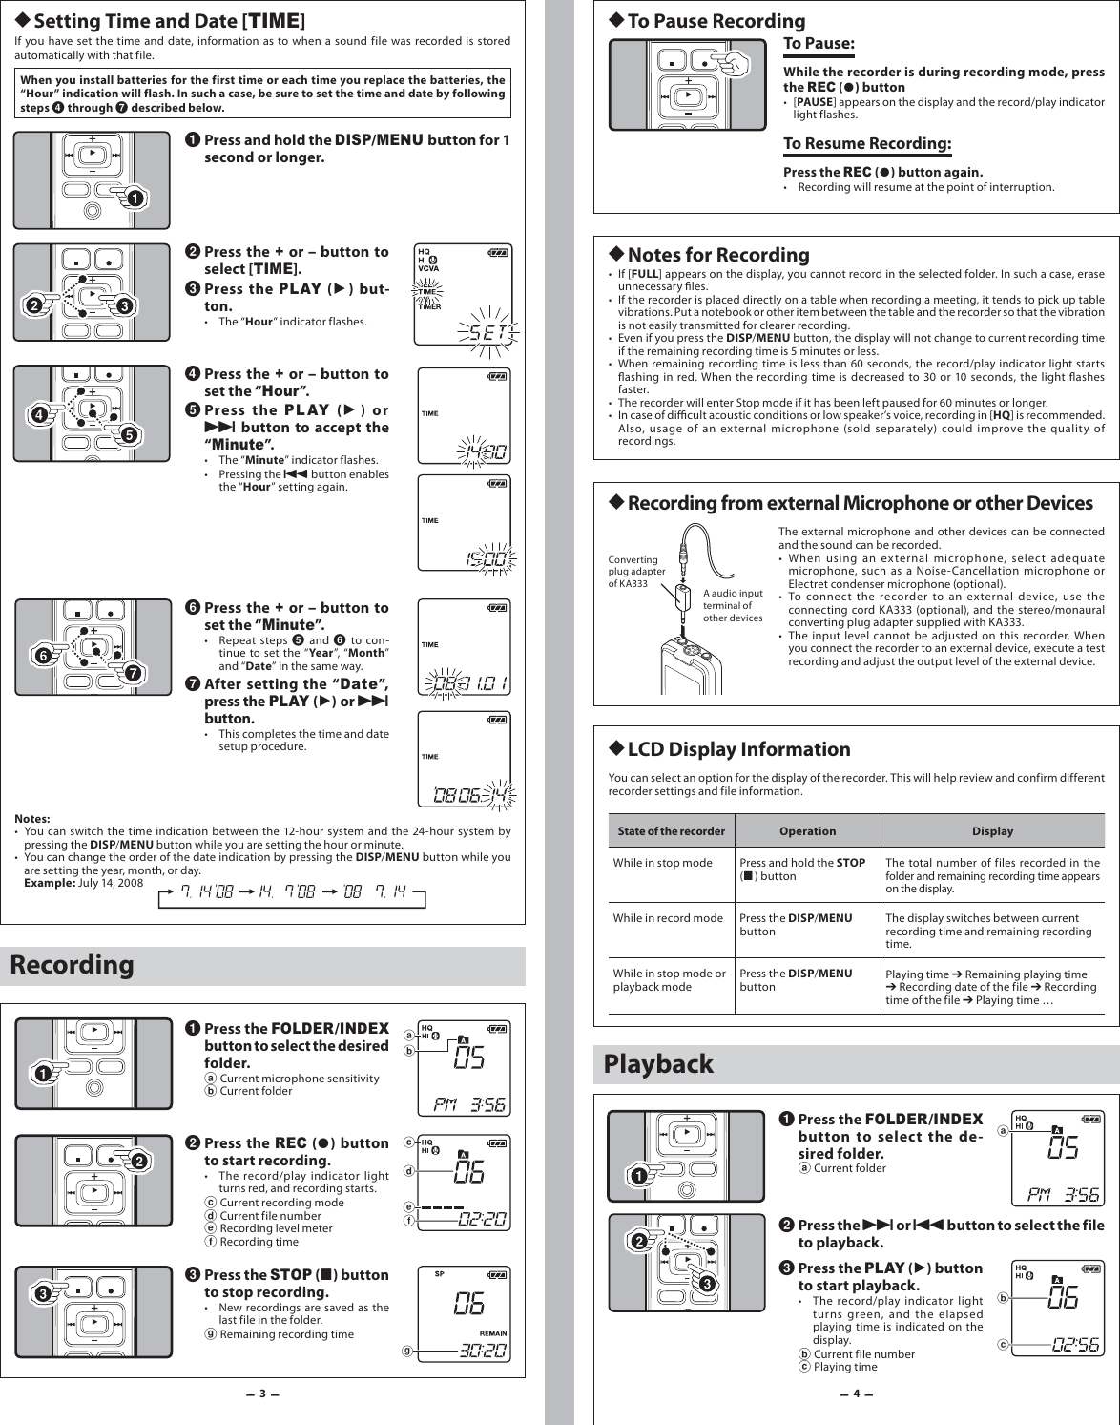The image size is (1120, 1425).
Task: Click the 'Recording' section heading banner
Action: (x=73, y=965)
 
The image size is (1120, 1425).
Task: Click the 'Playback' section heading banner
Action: (x=658, y=1064)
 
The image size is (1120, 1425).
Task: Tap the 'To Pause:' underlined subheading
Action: (x=819, y=44)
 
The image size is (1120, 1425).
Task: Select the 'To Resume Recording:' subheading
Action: (x=867, y=144)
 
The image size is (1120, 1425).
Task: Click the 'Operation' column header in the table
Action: (x=807, y=831)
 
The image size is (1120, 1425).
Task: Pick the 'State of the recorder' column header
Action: (x=672, y=831)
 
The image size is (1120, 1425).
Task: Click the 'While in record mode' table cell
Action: (x=668, y=918)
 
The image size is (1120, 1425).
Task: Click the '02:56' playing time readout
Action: (x=1076, y=1345)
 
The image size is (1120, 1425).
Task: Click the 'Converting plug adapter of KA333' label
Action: (x=635, y=572)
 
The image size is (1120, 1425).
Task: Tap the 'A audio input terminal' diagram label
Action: (x=733, y=605)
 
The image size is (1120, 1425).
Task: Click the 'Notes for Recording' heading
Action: (x=717, y=255)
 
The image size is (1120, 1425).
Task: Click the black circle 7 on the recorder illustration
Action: (x=134, y=673)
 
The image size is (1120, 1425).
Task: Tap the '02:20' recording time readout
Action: (x=483, y=1219)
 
